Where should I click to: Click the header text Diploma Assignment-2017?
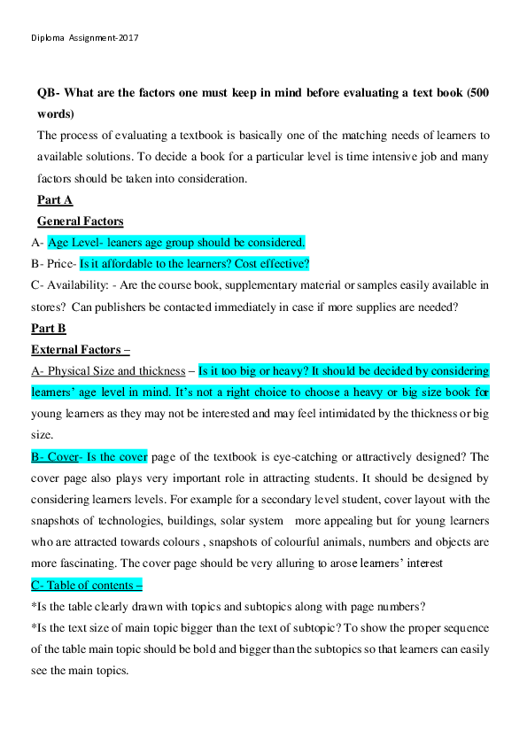coord(85,38)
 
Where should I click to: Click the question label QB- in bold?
coord(50,93)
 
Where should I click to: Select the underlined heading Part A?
coord(55,200)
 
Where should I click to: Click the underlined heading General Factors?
coord(81,221)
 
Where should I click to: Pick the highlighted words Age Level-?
coord(74,243)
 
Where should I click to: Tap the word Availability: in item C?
coord(82,285)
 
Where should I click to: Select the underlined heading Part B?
coord(49,329)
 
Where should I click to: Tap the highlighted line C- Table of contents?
coord(86,586)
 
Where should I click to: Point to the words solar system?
coord(260,521)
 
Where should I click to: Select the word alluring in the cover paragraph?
coord(289,564)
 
